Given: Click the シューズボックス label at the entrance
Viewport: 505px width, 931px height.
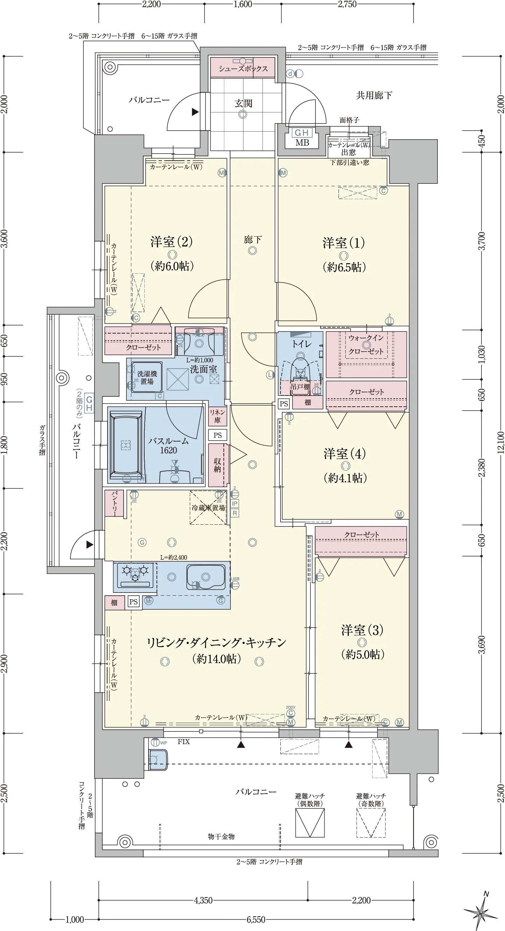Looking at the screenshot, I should point(243,69).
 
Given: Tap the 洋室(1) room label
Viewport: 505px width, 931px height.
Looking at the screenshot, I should point(344,243).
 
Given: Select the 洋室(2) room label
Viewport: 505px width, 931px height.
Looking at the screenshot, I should point(172,242).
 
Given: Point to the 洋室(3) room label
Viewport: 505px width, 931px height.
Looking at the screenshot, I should point(362,630).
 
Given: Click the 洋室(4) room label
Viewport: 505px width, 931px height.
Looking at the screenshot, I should point(345,454).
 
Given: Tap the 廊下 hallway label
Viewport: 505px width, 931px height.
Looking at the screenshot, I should point(252,240).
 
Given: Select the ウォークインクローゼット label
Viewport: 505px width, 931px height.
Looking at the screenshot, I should point(366,344).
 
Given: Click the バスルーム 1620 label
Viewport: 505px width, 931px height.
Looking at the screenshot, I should point(168,445).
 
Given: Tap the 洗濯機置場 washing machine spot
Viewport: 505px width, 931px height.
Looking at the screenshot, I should point(146,378).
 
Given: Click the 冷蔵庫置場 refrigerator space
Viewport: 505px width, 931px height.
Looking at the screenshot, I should point(208,508).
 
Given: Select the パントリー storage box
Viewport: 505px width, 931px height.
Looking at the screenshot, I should point(114,503).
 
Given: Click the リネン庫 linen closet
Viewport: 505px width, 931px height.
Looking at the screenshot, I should point(217,416).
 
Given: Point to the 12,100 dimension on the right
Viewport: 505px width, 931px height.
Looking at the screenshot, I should point(500,443).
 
